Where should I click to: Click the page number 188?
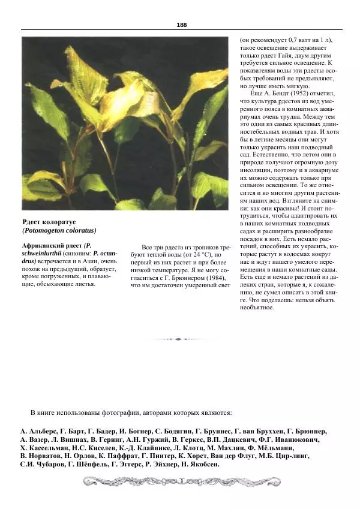click(x=182, y=25)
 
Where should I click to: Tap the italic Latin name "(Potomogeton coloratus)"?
click(x=59, y=231)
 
